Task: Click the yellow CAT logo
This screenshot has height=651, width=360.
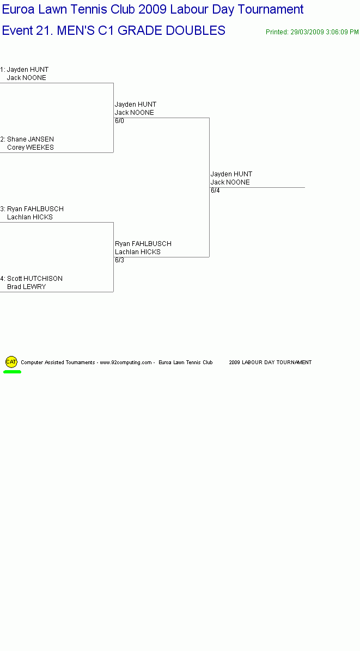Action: point(11,361)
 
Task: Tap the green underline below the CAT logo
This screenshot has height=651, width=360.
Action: point(12,372)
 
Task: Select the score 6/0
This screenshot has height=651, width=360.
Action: point(120,121)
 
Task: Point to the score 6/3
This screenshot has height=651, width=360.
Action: point(120,260)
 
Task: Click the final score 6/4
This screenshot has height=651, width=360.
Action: point(215,191)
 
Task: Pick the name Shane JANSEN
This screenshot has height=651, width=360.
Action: point(30,139)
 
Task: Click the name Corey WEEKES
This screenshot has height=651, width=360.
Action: point(30,148)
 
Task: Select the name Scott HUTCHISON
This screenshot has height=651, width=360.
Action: point(35,279)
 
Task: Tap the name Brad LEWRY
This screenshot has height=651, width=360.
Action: point(27,287)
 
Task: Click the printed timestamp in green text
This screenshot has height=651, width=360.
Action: point(312,32)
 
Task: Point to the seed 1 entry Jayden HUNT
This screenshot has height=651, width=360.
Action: point(28,69)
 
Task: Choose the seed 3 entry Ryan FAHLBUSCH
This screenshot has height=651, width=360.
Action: point(35,209)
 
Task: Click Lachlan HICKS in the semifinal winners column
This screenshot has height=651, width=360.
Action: point(138,252)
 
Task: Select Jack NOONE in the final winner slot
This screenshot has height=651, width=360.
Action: point(230,182)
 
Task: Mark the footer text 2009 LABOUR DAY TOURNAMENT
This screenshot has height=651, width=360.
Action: point(270,363)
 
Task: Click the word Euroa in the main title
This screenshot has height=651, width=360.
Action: point(19,9)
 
